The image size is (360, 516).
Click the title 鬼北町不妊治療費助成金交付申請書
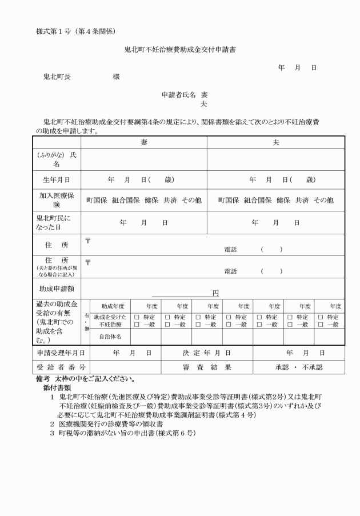point(180,50)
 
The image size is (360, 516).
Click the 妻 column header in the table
point(143,142)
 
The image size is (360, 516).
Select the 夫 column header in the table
point(276,142)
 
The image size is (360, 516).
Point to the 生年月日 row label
point(56,179)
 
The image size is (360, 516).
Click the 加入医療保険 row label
point(56,200)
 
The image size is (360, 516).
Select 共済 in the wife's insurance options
point(170,201)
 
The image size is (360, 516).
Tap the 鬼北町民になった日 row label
point(56,222)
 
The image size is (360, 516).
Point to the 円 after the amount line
point(215,293)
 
